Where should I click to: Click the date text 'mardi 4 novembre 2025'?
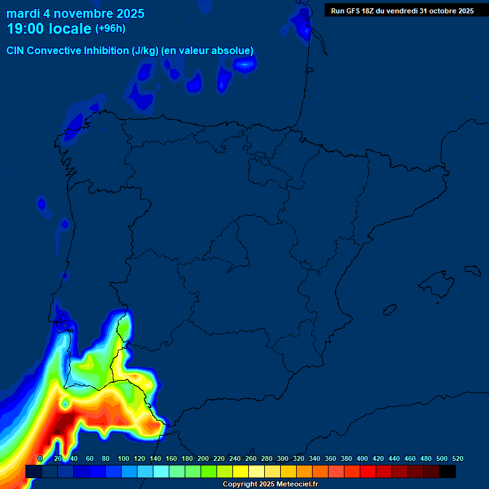click(x=75, y=13)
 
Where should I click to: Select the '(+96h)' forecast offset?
click(x=110, y=29)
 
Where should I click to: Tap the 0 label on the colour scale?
click(x=40, y=458)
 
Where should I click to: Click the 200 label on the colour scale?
click(x=203, y=458)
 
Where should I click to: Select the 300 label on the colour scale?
click(x=283, y=458)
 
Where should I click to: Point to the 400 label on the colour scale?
click(x=362, y=458)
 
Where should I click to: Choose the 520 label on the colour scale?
click(x=458, y=458)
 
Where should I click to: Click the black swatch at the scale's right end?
click(x=448, y=471)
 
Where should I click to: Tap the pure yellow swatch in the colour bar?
click(x=241, y=471)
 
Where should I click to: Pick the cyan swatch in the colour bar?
click(x=161, y=471)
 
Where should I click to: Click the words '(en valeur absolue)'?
click(x=208, y=51)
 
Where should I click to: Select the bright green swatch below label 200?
click(x=209, y=471)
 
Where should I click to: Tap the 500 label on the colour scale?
click(x=442, y=458)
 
